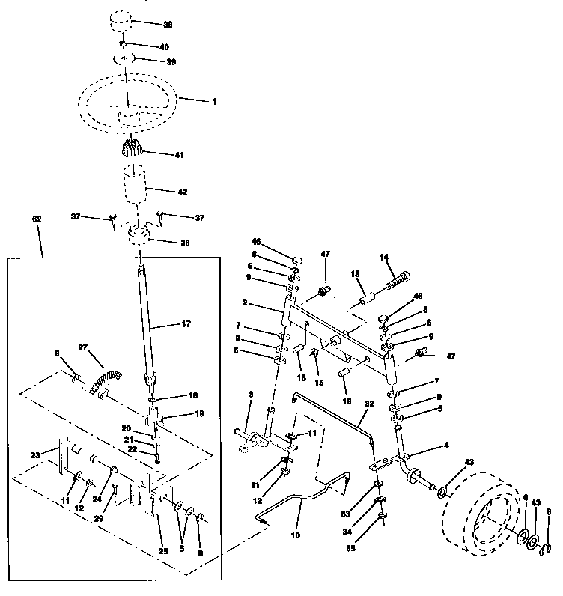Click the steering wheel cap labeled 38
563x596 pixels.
125,21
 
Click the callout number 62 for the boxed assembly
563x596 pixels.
37,219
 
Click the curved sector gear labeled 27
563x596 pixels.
102,374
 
